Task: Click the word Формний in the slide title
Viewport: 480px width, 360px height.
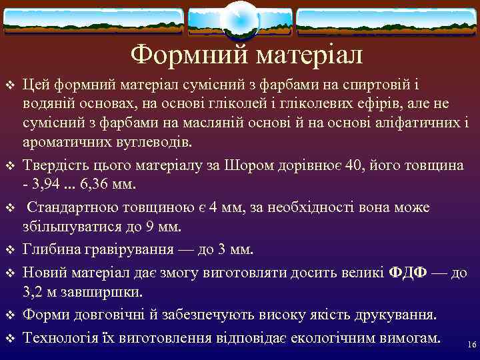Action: pos(178,55)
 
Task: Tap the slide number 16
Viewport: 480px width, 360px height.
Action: pos(472,345)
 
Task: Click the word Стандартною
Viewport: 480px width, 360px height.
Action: pos(71,208)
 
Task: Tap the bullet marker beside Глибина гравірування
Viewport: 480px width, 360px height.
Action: pos(9,251)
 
